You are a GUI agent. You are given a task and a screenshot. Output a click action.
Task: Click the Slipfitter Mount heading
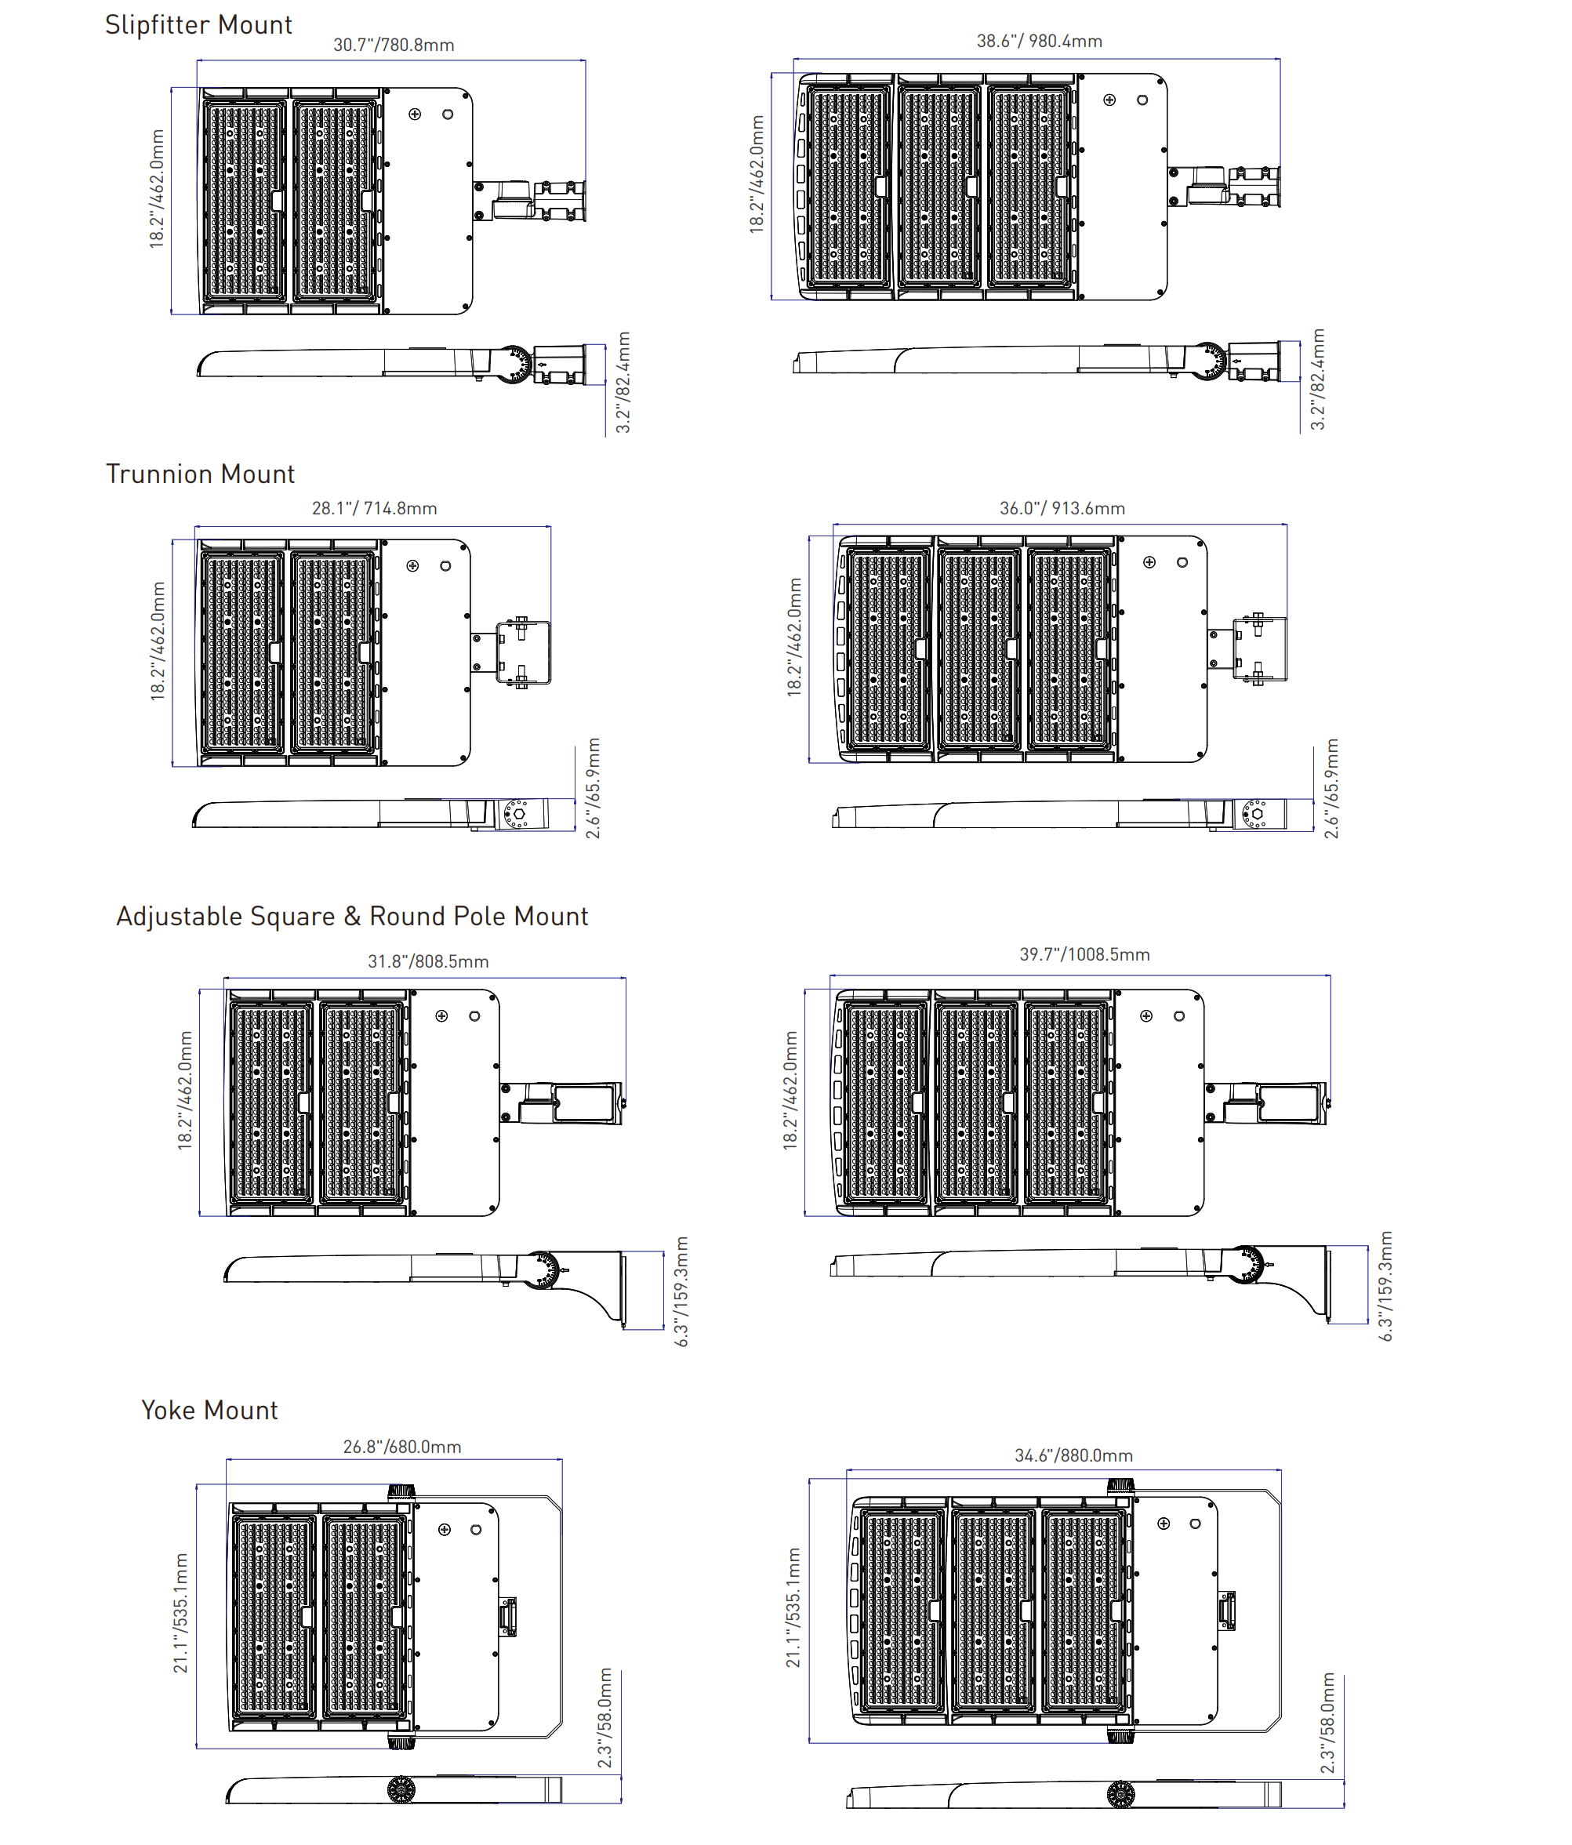198,25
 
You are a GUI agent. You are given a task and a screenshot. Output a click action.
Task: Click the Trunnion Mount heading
199,474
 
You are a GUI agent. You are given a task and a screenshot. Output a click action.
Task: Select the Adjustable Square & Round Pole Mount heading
351,917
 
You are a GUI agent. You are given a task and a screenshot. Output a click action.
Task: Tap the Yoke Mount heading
209,1411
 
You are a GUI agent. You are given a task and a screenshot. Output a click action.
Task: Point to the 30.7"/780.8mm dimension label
394,45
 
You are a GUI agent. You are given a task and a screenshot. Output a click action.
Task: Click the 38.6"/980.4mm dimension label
1039,41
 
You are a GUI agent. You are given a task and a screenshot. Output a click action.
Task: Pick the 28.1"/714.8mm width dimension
374,508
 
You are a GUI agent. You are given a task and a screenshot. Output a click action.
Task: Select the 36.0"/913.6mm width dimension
1062,508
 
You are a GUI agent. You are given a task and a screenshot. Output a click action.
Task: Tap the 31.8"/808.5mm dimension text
428,961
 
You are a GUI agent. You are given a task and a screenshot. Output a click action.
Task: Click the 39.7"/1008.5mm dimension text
1084,954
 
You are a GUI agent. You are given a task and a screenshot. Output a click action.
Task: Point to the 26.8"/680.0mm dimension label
402,1447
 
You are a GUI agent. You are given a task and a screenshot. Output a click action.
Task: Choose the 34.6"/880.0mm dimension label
1073,1456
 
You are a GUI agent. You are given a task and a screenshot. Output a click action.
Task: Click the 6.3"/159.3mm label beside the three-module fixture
1385,1286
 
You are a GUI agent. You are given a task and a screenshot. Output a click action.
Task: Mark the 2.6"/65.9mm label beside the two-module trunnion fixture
593,788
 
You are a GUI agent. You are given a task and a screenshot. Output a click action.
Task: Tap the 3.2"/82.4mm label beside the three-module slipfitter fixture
1317,380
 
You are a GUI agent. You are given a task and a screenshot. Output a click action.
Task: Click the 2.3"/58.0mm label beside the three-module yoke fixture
1327,1723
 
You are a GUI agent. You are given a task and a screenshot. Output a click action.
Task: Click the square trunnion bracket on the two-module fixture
522,652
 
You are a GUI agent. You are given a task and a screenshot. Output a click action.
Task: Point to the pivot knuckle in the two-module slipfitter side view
514,364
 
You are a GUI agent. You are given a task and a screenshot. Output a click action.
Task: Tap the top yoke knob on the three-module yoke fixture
1120,1486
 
